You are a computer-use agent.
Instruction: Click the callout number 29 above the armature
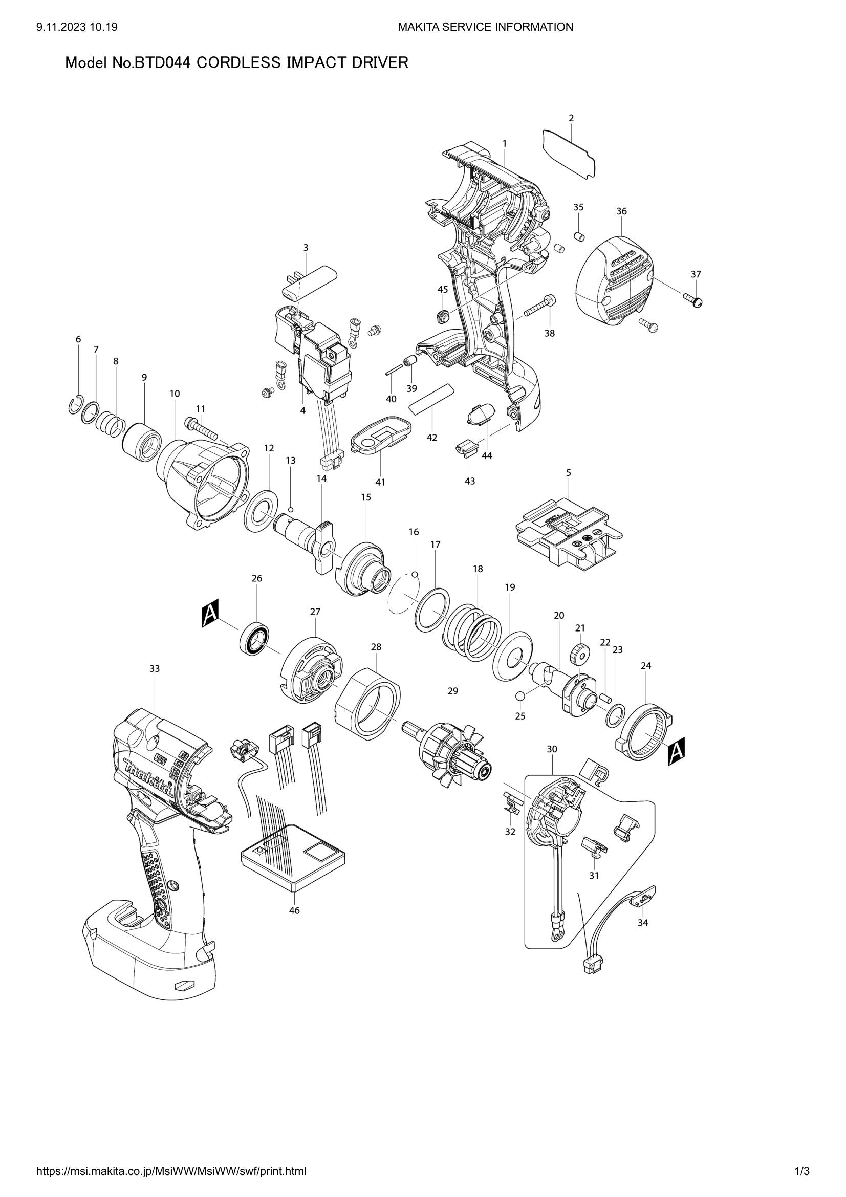click(452, 691)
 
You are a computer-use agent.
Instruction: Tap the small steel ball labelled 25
click(519, 696)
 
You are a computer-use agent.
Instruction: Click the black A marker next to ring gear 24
click(676, 751)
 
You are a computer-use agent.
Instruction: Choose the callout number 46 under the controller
click(294, 910)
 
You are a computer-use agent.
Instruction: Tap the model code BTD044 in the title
click(163, 63)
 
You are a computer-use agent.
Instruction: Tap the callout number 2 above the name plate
click(571, 118)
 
